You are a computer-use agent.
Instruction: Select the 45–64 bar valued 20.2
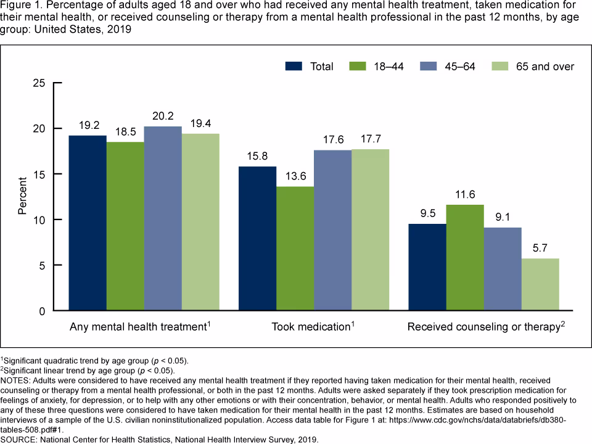coord(163,218)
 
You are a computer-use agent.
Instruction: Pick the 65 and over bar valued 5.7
coord(540,284)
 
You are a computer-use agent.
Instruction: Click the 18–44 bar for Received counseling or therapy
coord(465,258)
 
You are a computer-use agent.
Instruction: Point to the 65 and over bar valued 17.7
coord(370,230)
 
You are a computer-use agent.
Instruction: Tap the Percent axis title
coord(23,197)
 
